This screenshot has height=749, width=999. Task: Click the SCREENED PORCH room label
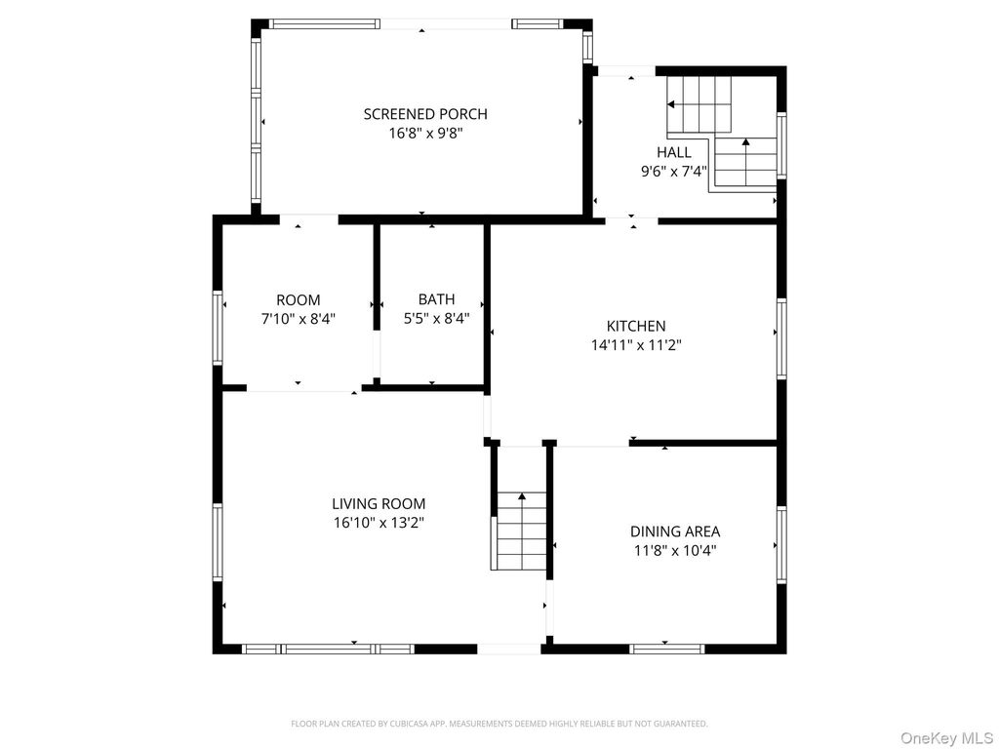[x=424, y=114]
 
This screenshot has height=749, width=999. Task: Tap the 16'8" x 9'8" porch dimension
[x=424, y=133]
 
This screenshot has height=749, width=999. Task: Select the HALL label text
[x=673, y=152]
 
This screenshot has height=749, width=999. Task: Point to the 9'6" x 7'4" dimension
[x=673, y=171]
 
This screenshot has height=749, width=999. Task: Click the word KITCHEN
[x=635, y=326]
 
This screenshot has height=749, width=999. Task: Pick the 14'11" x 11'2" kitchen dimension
[x=635, y=344]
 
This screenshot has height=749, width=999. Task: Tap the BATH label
[x=436, y=299]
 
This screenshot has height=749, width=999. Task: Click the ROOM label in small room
[x=298, y=300]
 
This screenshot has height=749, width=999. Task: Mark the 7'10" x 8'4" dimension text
[x=298, y=318]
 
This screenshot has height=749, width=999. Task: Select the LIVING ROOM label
[x=379, y=504]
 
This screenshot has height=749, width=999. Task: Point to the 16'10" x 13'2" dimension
[x=379, y=523]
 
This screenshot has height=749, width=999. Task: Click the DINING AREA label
[x=675, y=532]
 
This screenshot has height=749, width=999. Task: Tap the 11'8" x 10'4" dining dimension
[x=675, y=550]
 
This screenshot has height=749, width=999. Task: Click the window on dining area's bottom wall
[x=667, y=648]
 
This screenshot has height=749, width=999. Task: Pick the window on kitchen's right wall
[x=781, y=338]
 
